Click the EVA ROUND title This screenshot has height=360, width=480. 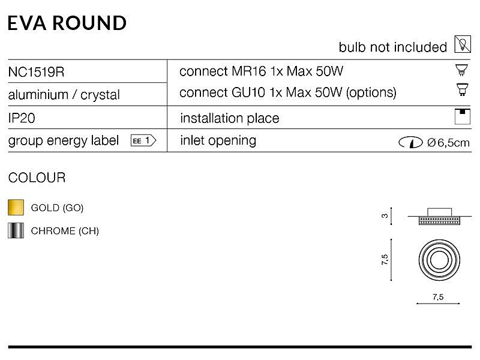[x=67, y=23]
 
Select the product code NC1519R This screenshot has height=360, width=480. [x=36, y=72]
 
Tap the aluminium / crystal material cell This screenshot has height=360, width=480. [x=64, y=95]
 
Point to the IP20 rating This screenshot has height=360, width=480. [x=22, y=118]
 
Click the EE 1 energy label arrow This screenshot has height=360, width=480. [x=143, y=140]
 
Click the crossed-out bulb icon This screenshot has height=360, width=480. [x=463, y=44]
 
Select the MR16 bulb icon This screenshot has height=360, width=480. [x=461, y=70]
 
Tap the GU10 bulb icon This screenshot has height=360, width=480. [x=462, y=89]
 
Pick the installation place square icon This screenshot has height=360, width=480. [x=462, y=116]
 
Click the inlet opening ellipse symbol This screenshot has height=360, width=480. [x=411, y=142]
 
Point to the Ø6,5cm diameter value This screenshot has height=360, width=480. [x=448, y=143]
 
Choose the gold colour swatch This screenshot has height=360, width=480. [x=16, y=207]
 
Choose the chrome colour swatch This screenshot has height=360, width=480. [x=16, y=230]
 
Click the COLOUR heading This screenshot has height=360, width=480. [x=37, y=178]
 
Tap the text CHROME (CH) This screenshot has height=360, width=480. [x=65, y=231]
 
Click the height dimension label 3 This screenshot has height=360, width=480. [x=385, y=216]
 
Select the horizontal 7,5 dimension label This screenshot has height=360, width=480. [x=438, y=296]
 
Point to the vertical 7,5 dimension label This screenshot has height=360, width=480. [x=385, y=260]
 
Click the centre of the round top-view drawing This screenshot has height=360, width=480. [x=439, y=260]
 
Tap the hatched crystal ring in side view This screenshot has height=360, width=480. [x=439, y=220]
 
